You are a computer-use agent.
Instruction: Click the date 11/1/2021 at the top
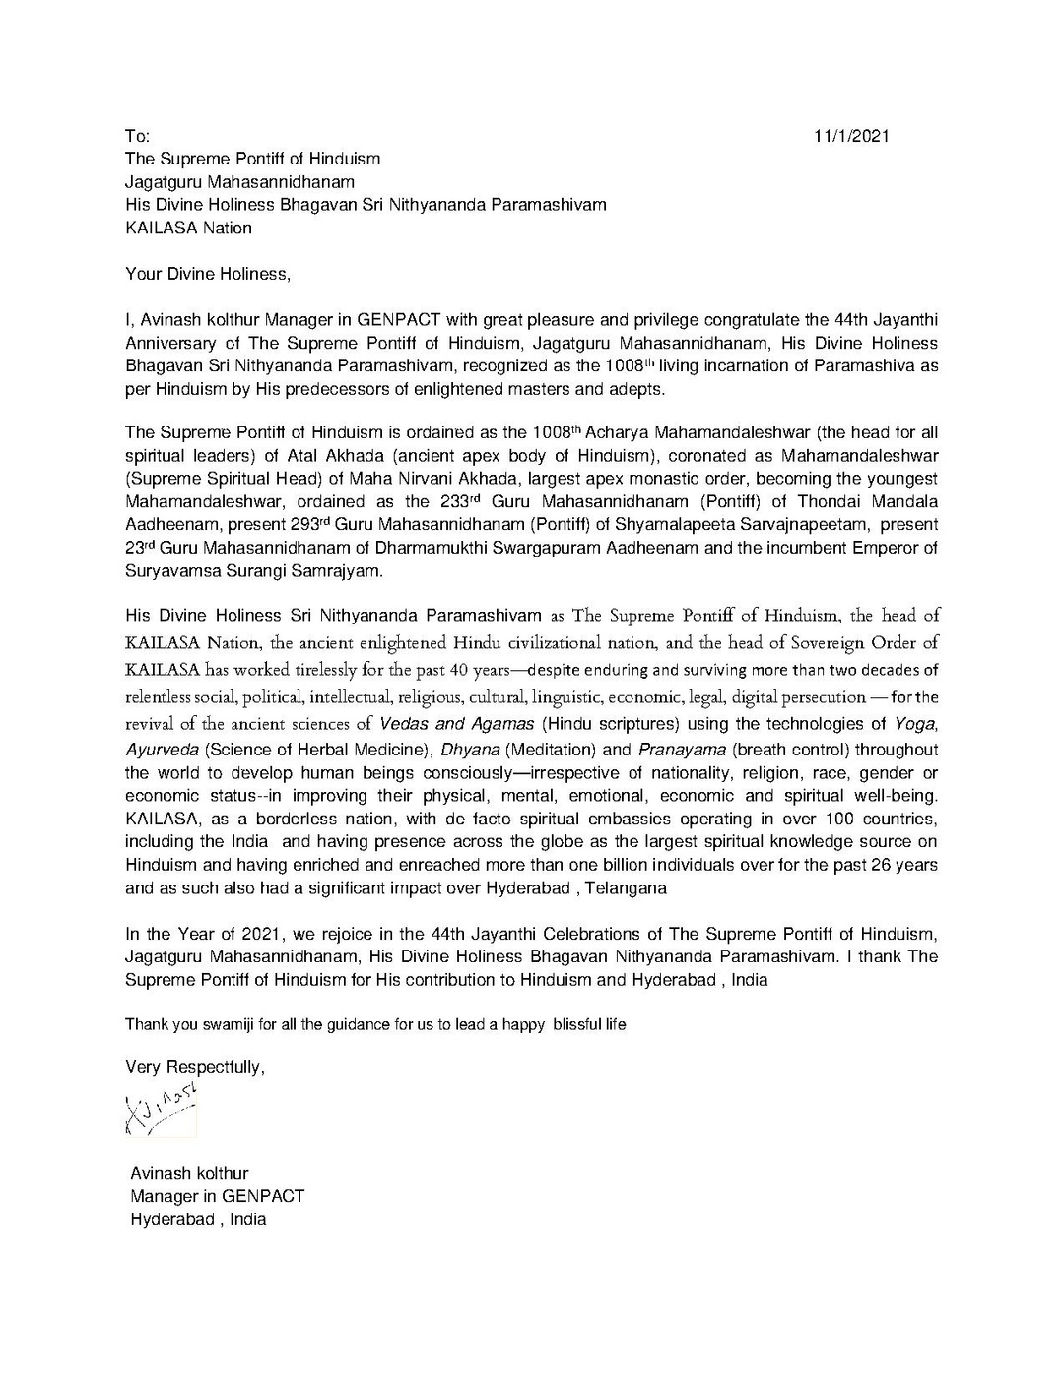pos(851,136)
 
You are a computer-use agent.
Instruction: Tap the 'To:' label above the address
pos(137,136)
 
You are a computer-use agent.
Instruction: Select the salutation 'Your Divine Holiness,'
pos(208,274)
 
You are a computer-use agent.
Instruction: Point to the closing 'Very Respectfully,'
pos(195,1067)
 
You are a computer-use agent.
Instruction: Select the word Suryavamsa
pos(166,570)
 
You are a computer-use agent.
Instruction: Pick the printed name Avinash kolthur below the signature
pos(189,1173)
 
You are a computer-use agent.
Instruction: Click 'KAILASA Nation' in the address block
pos(188,228)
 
